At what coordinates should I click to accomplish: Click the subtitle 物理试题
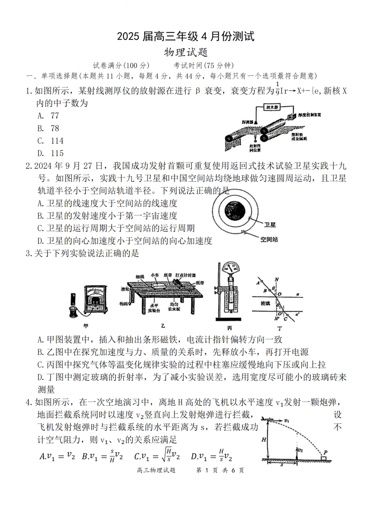(186, 52)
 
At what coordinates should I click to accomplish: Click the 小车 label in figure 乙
(155, 275)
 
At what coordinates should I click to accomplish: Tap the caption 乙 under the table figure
(163, 326)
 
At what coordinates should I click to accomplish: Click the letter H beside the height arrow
(264, 439)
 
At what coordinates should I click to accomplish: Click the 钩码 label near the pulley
(125, 304)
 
